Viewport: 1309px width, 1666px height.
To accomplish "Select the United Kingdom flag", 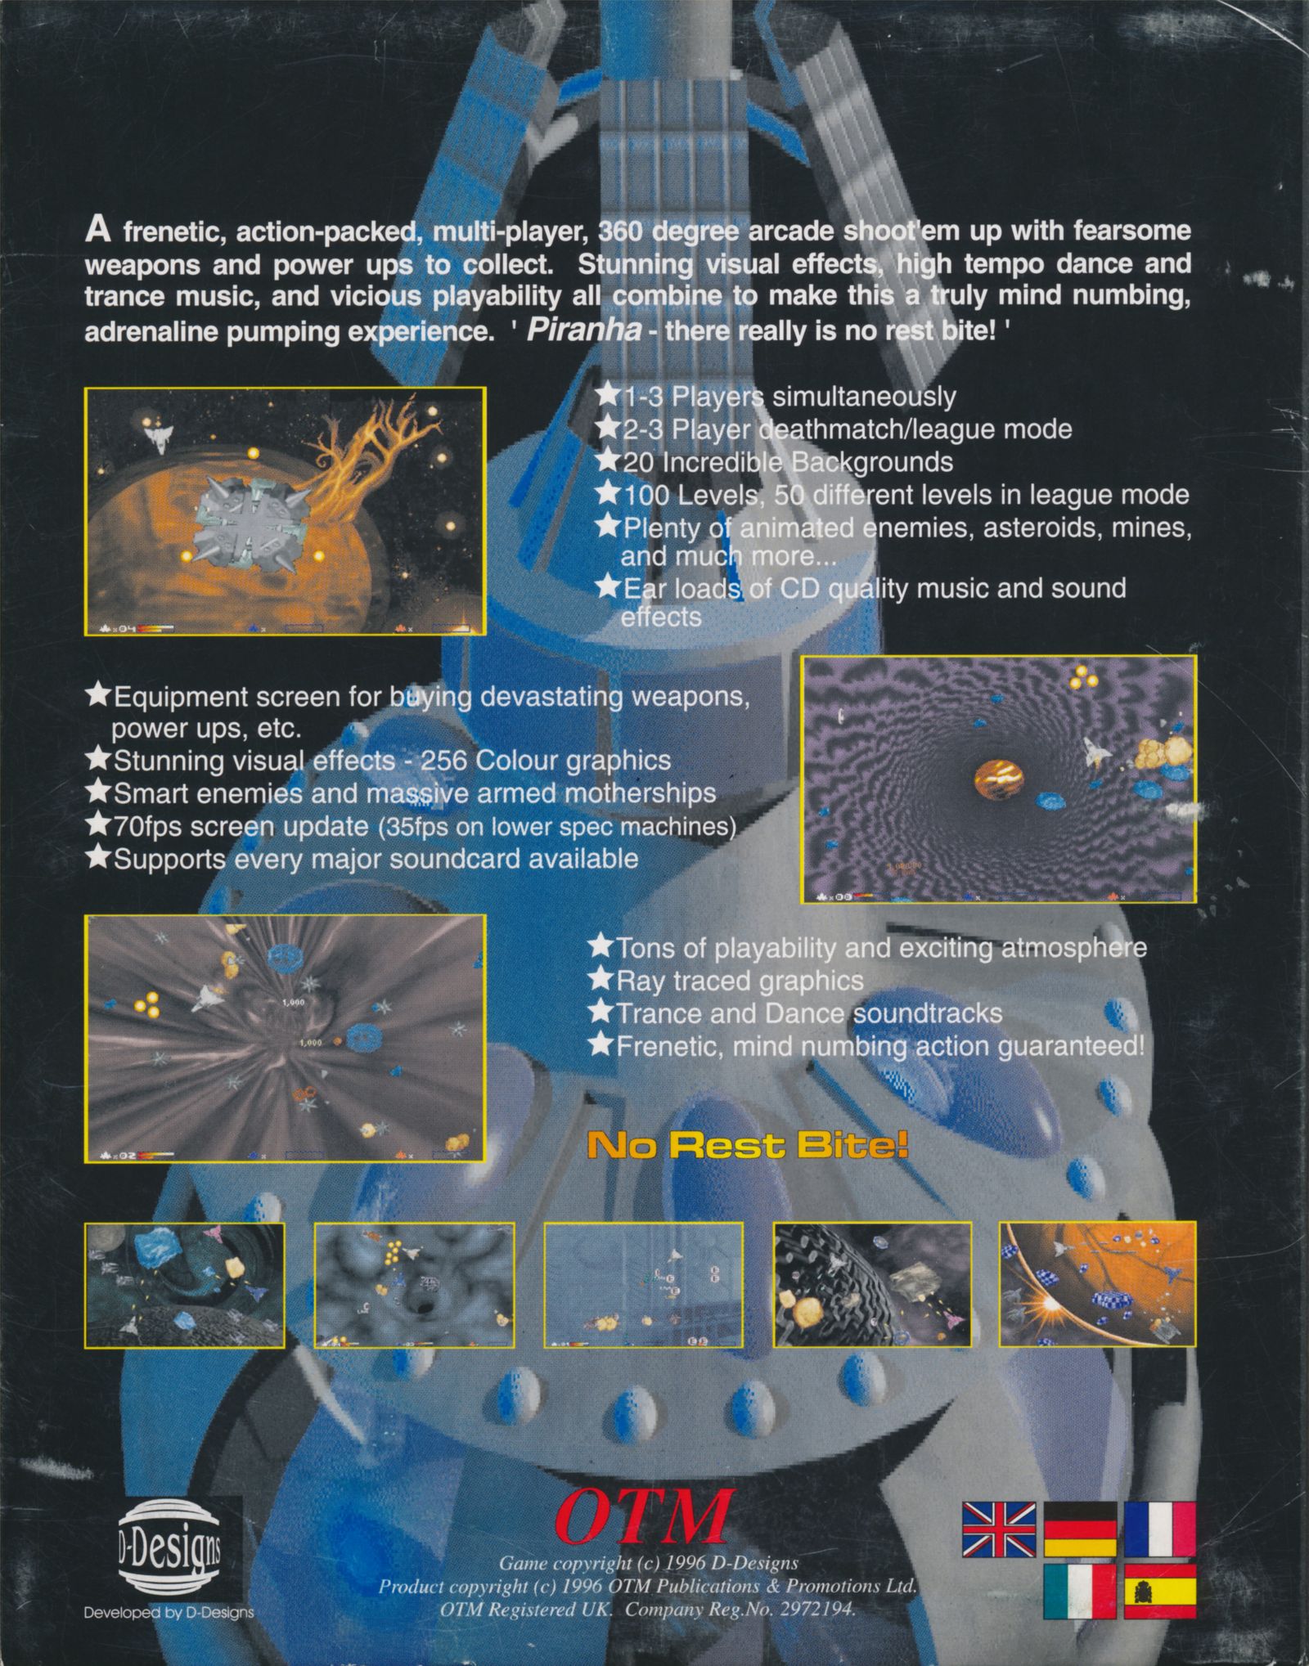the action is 999,1529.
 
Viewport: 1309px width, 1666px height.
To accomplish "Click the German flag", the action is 1079,1529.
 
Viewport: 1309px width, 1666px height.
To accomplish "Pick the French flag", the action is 1159,1529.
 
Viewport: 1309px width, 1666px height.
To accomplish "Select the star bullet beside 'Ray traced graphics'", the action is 601,980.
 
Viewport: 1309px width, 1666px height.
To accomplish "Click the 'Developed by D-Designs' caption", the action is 169,1612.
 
